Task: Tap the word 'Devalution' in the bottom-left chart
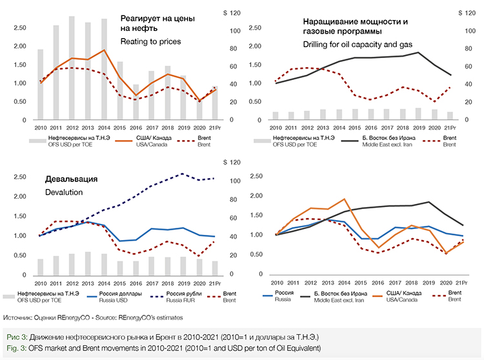(x=65, y=192)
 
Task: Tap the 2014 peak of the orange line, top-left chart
(x=103, y=50)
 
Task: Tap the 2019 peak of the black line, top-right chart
(x=419, y=52)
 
